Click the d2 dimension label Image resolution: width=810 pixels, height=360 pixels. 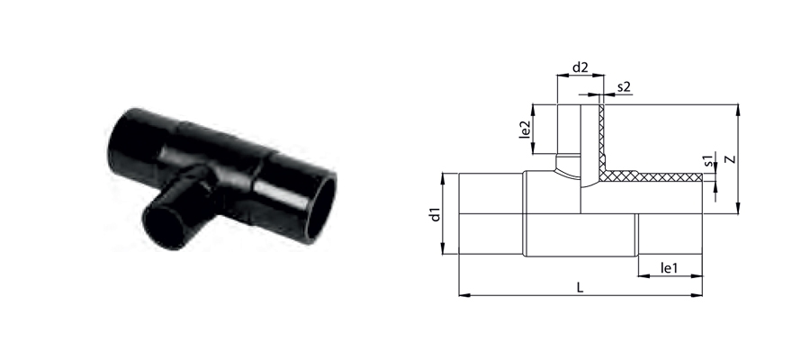pos(580,67)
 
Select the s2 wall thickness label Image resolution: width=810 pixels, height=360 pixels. pos(624,86)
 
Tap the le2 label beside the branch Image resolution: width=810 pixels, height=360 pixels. pos(525,129)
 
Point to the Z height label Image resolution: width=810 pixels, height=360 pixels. pos(729,159)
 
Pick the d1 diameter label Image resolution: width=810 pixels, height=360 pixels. pos(436,214)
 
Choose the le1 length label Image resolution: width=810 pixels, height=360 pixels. pos(669,268)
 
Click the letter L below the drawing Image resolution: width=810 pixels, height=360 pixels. pos(580,288)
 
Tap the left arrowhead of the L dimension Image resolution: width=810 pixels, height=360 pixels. pos(463,295)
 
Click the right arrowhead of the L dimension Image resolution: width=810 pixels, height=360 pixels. pos(697,295)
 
